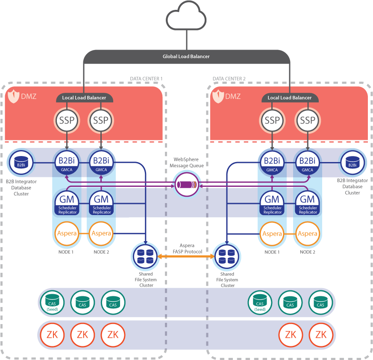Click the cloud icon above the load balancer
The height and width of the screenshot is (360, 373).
pyautogui.click(x=186, y=16)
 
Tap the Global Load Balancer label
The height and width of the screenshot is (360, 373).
pyautogui.click(x=186, y=56)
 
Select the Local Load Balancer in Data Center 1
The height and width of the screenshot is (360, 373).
pyautogui.click(x=84, y=98)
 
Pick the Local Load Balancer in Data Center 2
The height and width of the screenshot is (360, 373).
pyautogui.click(x=290, y=98)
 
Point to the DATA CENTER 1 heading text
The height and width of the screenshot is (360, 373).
pyautogui.click(x=146, y=79)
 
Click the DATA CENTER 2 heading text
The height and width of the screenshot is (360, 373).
pyautogui.click(x=229, y=79)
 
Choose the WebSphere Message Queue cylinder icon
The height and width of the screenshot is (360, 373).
pyautogui.click(x=186, y=185)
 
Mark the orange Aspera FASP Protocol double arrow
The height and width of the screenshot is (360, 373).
pyautogui.click(x=186, y=256)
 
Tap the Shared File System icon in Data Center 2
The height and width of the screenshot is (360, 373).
pyautogui.click(x=226, y=256)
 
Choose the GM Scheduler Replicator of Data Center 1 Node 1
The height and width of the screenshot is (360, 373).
pyautogui.click(x=66, y=204)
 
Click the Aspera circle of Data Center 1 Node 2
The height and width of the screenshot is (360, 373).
pyautogui.click(x=101, y=233)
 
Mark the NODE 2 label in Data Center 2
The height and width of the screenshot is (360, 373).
pyautogui.click(x=307, y=252)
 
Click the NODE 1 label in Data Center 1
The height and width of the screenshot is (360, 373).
pyautogui.click(x=66, y=252)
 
